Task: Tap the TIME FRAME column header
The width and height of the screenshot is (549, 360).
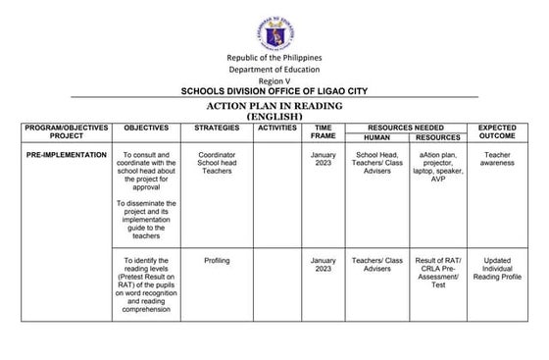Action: (323, 133)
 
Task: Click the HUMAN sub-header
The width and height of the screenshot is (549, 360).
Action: (376, 138)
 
